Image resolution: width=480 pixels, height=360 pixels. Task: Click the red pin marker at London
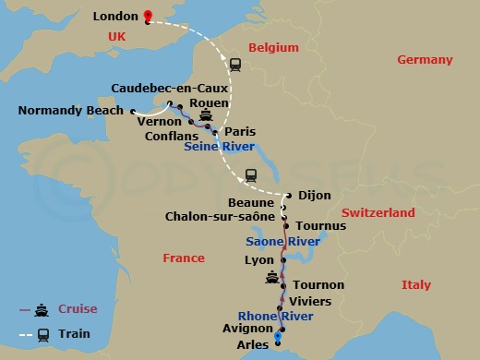(148, 16)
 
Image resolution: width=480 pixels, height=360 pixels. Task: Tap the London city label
(117, 17)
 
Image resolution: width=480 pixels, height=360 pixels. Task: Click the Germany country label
(425, 59)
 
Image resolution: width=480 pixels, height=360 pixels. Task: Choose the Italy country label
(415, 284)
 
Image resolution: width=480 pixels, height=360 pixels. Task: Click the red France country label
(184, 258)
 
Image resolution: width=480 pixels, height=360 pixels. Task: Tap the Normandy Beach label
(71, 111)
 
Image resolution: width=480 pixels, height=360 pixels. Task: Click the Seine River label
(219, 146)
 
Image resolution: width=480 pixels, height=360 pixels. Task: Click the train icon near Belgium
(235, 65)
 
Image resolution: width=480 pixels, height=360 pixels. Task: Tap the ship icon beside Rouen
(207, 117)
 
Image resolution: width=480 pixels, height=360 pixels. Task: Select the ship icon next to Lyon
(271, 277)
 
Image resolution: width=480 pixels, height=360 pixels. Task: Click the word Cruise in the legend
(78, 308)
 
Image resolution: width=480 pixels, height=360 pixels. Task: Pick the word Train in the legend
(75, 334)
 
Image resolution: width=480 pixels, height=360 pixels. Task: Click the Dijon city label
(314, 195)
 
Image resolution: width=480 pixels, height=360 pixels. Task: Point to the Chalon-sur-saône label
(220, 215)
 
